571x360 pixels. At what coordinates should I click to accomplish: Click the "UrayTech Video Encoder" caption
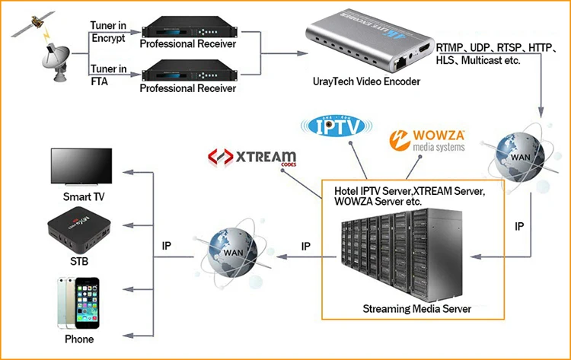click(368, 81)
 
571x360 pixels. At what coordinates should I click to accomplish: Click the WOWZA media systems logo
click(427, 139)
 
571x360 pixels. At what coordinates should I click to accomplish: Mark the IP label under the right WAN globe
click(520, 226)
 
